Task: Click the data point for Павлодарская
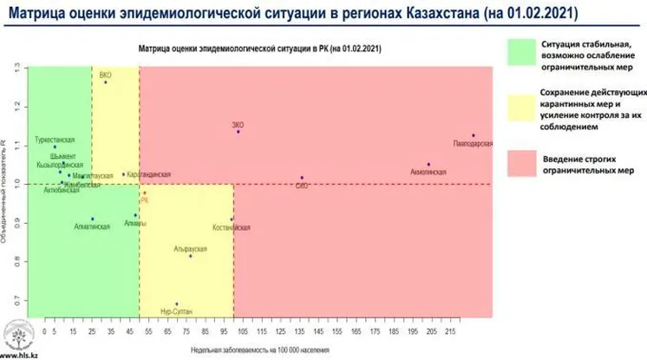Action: pos(474,135)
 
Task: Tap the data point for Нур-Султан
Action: pos(177,304)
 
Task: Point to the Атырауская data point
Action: pos(191,255)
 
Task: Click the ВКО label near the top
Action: pos(106,75)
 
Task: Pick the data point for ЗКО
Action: pos(238,131)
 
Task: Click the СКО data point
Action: pos(302,178)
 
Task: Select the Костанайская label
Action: pos(232,228)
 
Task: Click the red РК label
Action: pos(145,200)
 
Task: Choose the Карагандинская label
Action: pos(148,175)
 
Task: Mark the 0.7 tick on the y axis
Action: pos(17,301)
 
